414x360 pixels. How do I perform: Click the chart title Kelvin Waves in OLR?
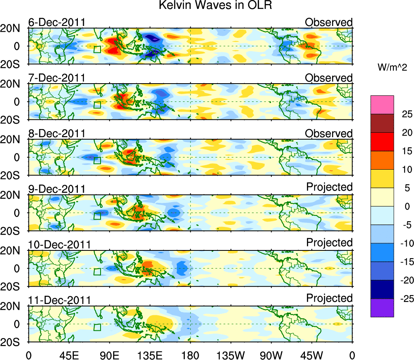pos(207,6)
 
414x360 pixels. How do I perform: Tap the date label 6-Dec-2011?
pos(57,22)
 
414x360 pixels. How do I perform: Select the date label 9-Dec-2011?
pos(57,189)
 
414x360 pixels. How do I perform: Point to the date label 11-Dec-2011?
pos(59,300)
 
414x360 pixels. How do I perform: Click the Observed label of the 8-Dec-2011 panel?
pos(329,134)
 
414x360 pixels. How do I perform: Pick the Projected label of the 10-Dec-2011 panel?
pos(329,243)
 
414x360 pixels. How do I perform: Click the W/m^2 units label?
pos(393,68)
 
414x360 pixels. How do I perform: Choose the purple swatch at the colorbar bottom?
pos(382,308)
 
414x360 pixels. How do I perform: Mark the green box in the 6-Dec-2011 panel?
pos(97,50)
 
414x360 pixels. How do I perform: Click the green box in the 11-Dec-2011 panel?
pos(97,328)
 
